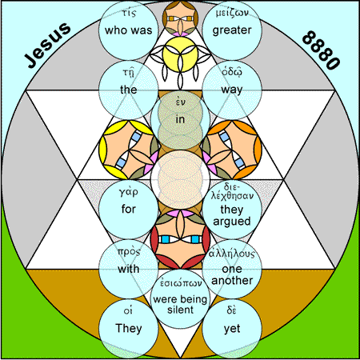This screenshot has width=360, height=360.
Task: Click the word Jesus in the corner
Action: [x=48, y=45]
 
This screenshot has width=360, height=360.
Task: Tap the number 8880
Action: [x=322, y=50]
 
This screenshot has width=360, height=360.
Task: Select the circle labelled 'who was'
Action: [x=129, y=30]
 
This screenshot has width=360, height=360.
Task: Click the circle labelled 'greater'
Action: [x=232, y=30]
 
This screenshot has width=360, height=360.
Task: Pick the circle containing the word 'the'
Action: [x=129, y=90]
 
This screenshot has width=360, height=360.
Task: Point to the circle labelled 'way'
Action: [x=232, y=90]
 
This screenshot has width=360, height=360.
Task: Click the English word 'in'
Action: [x=180, y=119]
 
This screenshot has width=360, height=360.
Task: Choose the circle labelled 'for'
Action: [x=129, y=210]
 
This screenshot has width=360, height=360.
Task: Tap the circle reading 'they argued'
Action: [x=232, y=210]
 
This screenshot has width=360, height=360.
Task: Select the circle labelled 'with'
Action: [x=129, y=269]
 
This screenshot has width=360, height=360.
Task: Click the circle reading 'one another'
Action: [x=232, y=269]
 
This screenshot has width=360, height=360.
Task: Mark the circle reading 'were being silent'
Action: [x=180, y=299]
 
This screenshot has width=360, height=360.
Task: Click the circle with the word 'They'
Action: [x=129, y=329]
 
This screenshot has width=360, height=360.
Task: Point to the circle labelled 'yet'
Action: [x=232, y=329]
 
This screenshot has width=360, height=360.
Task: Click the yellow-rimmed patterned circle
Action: [x=129, y=150]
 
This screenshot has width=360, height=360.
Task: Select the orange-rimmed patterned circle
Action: [x=232, y=150]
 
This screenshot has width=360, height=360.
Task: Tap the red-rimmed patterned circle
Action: [x=180, y=239]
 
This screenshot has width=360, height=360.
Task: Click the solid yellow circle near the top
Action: [x=180, y=54]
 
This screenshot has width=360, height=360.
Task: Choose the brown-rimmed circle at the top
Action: [x=180, y=18]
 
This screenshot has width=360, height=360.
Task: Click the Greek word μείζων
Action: [x=232, y=13]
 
